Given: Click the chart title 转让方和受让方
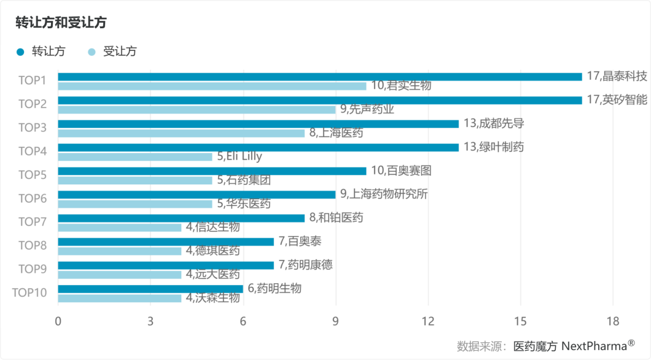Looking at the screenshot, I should tap(61, 23).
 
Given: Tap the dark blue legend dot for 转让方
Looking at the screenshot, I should tap(20, 52).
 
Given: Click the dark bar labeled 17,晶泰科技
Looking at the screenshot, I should tap(319, 77).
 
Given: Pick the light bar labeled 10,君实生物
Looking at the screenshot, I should tap(212, 86).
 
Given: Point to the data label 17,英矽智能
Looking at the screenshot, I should tap(617, 100).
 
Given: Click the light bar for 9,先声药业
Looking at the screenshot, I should tap(197, 109).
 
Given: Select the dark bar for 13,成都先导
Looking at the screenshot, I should tap(258, 123).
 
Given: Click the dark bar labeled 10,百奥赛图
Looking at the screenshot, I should tap(212, 171).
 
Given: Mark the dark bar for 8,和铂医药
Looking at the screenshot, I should tap(181, 218).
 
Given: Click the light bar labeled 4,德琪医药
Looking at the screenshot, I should tap(120, 251).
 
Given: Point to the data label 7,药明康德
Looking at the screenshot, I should tap(306, 265).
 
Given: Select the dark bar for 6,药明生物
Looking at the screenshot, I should tap(150, 289).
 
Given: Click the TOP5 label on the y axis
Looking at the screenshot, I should tap(33, 175).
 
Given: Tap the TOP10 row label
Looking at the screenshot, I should tap(29, 292).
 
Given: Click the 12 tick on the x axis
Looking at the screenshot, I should tap(428, 321).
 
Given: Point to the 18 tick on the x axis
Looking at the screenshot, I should tap(612, 321).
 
